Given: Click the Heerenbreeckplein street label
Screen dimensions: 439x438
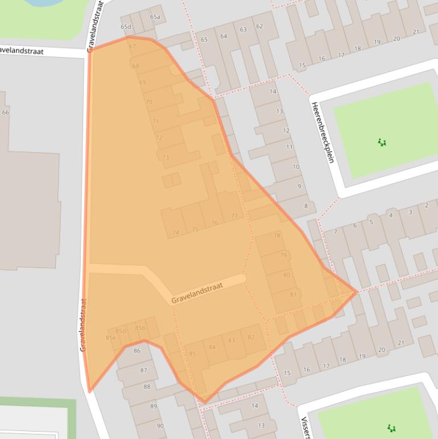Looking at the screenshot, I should coord(322,132).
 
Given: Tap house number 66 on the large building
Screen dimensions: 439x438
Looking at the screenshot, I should coord(6,112).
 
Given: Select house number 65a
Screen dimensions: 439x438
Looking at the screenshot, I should coord(155,17).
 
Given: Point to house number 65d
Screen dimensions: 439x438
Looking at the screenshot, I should coord(126,27).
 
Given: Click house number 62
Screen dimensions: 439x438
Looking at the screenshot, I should coord(260,26).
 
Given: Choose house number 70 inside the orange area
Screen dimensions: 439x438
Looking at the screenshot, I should coord(149,102).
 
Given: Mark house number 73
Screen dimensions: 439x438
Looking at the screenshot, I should coord(166,157).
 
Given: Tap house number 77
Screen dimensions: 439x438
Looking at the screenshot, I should coord(234,216).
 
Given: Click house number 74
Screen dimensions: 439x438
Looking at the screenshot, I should coord(175,233).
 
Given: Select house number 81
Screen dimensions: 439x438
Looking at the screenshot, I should coord(293,294).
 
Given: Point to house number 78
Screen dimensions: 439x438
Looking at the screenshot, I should coord(277,235).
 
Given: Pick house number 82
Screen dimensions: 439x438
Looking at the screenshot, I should coord(251,337).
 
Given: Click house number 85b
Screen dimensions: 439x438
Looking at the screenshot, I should coord(140,328).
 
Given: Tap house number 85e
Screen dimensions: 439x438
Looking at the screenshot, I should coord(110,338).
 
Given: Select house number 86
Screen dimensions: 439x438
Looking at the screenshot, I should coord(137,351).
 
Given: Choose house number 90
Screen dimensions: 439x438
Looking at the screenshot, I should coord(160,426).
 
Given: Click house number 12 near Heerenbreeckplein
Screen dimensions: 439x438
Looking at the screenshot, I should coord(286,131).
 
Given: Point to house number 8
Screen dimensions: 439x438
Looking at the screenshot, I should coord(306,206).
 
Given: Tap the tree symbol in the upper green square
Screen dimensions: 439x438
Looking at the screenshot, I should coord(382,142).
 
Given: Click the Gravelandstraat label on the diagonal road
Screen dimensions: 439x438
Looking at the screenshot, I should coord(198,290).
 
